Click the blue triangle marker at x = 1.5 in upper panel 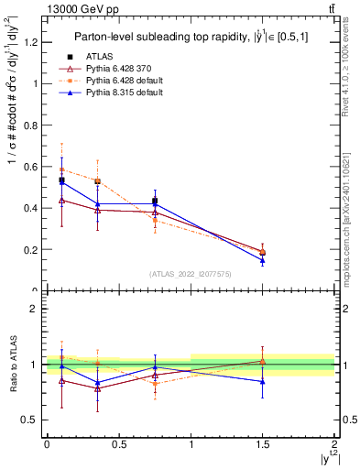coord(263,260)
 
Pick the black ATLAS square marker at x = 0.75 coord(155,201)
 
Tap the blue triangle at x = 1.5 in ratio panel coord(263,381)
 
